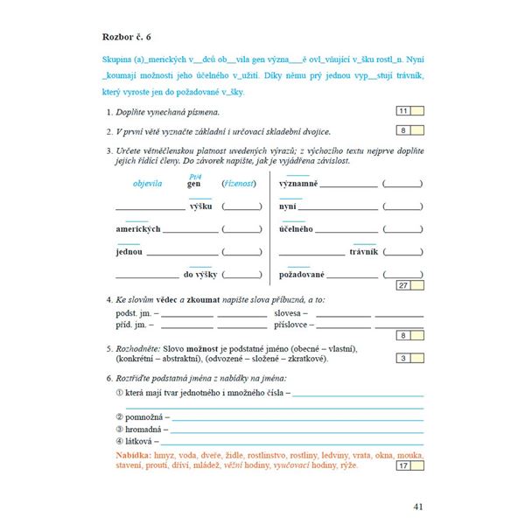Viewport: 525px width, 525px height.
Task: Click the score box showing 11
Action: point(402,111)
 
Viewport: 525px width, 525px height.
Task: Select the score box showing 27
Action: point(402,285)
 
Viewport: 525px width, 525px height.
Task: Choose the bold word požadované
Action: point(302,275)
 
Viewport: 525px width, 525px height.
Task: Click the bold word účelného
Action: point(297,229)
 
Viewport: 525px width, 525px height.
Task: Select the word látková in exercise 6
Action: point(143,442)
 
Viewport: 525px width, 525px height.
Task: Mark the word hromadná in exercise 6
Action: point(148,430)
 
